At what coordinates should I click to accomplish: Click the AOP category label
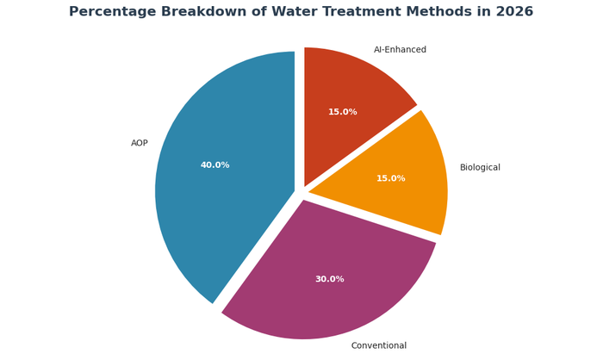(x=140, y=143)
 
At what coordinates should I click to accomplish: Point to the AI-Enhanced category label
(x=400, y=50)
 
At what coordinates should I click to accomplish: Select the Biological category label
(x=480, y=168)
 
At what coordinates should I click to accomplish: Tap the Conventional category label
(x=378, y=345)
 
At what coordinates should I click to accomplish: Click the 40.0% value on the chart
(x=214, y=165)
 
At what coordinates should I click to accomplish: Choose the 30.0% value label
(x=329, y=279)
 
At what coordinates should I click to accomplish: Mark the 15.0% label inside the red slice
(x=342, y=112)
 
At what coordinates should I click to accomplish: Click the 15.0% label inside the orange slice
(x=390, y=179)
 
